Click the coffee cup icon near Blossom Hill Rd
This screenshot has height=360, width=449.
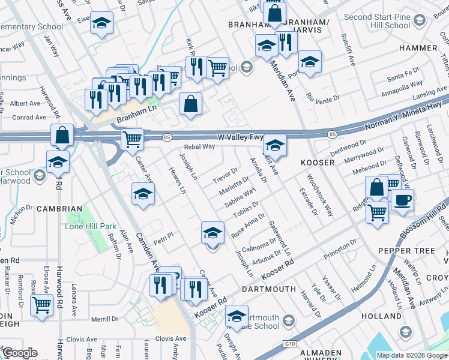point(402,200)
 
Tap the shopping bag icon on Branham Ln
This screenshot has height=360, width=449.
point(190,104)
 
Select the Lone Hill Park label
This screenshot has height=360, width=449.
point(90,227)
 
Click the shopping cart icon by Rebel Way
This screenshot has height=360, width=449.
point(132,139)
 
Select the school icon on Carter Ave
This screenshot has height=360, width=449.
point(143,194)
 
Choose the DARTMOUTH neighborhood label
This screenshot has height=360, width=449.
point(269,289)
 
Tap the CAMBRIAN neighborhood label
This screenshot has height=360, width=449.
point(59,209)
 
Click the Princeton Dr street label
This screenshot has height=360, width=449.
point(340,247)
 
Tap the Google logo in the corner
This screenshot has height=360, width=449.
point(19,353)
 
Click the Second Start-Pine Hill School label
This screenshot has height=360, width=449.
point(378,21)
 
